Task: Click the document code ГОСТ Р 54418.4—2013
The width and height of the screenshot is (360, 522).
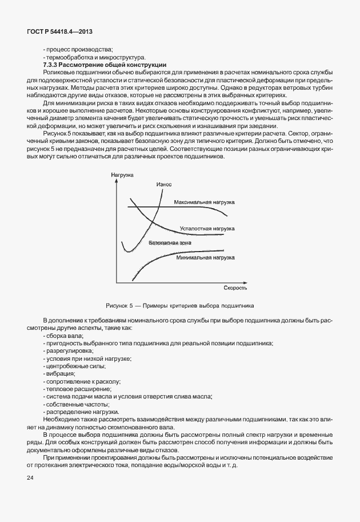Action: point(60,33)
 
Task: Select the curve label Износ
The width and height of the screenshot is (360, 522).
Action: point(164,184)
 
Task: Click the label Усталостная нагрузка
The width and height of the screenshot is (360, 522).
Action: point(207,228)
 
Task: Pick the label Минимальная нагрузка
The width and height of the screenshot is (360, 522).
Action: point(206,257)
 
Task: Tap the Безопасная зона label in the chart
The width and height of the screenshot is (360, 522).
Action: point(170,243)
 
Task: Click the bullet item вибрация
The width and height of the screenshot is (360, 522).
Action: point(59,373)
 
